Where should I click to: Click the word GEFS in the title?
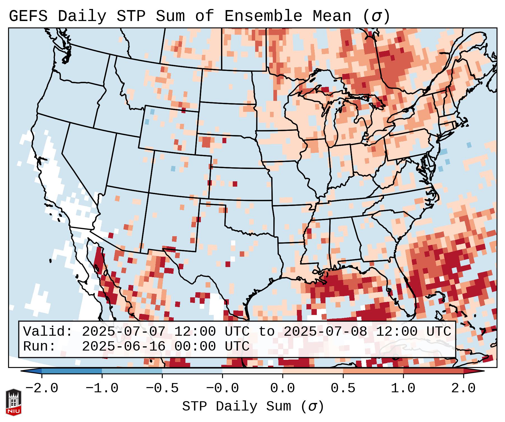click(28, 16)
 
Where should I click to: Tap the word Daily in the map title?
click(82, 16)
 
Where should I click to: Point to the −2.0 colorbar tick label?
click(42, 388)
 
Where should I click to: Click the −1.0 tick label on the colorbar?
click(102, 388)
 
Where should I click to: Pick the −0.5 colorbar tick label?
click(162, 388)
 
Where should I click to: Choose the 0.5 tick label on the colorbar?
click(343, 388)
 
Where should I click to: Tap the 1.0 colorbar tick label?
click(403, 388)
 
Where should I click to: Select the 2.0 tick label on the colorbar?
click(464, 388)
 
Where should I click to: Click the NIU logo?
click(13, 402)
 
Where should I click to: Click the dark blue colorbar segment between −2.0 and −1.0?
click(72, 371)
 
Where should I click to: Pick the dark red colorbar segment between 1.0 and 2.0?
click(433, 371)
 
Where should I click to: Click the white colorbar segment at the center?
click(253, 371)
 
